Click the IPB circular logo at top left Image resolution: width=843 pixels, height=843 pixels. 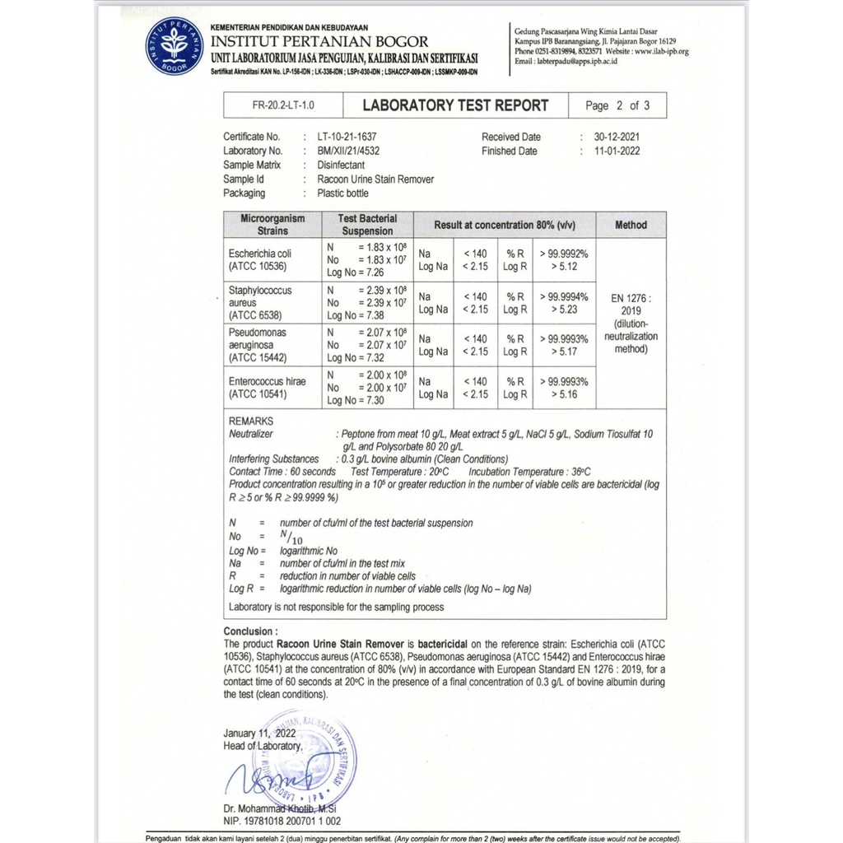tap(174, 45)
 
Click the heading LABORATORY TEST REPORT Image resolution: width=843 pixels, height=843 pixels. tap(455, 105)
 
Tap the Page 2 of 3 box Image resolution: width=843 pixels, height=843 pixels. tap(617, 106)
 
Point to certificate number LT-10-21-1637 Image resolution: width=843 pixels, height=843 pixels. tap(352, 137)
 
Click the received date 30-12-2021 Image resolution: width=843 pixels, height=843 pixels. tap(610, 137)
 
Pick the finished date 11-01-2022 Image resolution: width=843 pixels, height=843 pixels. tap(610, 151)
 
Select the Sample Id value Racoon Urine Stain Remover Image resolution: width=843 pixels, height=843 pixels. tap(375, 179)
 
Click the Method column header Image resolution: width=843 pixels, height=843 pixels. tap(631, 225)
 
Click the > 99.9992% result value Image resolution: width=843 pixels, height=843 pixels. tap(565, 254)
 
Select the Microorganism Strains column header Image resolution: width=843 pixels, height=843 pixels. tap(272, 225)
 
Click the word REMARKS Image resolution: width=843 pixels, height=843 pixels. tap(251, 421)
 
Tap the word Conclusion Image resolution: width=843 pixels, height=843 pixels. tap(247, 631)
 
